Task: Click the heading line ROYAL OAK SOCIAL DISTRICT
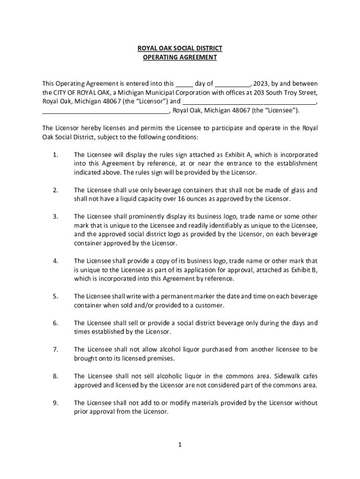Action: tap(180, 48)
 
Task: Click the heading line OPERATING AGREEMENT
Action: tap(180, 58)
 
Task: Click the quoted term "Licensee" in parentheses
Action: tap(280, 110)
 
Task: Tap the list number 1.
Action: tap(56, 155)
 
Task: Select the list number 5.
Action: tap(56, 297)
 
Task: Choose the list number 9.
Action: tap(56, 403)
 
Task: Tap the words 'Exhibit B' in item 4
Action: tap(304, 270)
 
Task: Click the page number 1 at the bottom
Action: tap(179, 444)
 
